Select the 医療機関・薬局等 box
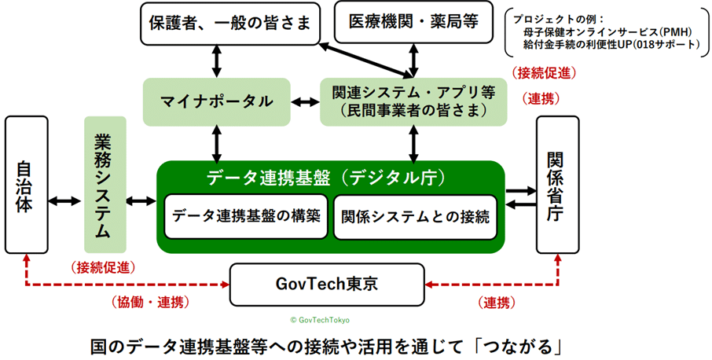pyautogui.click(x=415, y=22)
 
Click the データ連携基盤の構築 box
pyautogui.click(x=246, y=215)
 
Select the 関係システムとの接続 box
pyautogui.click(x=412, y=215)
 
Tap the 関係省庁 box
pyautogui.click(x=557, y=186)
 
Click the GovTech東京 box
pyautogui.click(x=327, y=284)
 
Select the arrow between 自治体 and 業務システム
pyautogui.click(x=65, y=201)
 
